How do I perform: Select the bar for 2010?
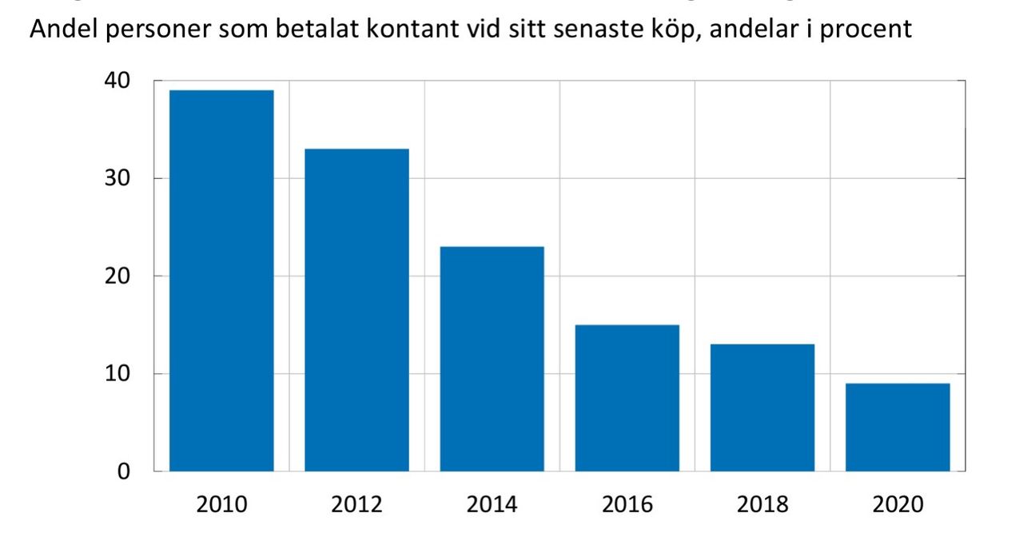click(221, 280)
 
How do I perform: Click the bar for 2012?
click(356, 310)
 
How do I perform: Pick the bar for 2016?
click(627, 397)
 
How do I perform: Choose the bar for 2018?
click(762, 407)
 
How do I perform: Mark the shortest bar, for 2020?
click(898, 427)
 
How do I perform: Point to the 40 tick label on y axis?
click(117, 82)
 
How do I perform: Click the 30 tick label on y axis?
click(117, 179)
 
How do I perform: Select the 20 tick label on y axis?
click(117, 276)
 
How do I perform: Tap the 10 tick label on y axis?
click(117, 374)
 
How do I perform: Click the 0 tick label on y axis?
click(123, 471)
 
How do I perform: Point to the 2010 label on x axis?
click(221, 505)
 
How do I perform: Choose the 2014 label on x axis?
click(492, 505)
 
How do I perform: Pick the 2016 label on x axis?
click(627, 505)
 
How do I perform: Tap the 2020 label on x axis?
click(898, 505)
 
